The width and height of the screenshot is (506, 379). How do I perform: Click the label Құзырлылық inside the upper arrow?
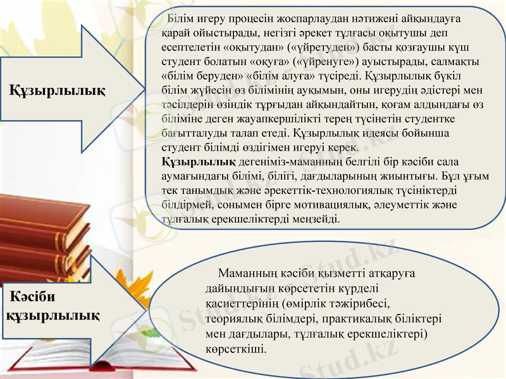[57, 91]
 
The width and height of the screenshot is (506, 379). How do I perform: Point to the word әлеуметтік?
[404, 205]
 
